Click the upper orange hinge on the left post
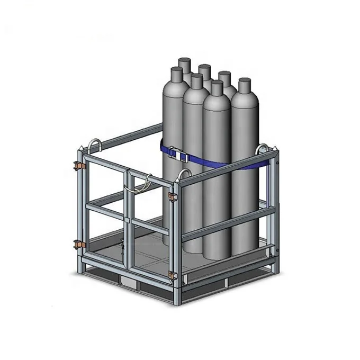point(78,164)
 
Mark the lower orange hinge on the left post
point(79,245)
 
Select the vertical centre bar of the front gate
point(128,222)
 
